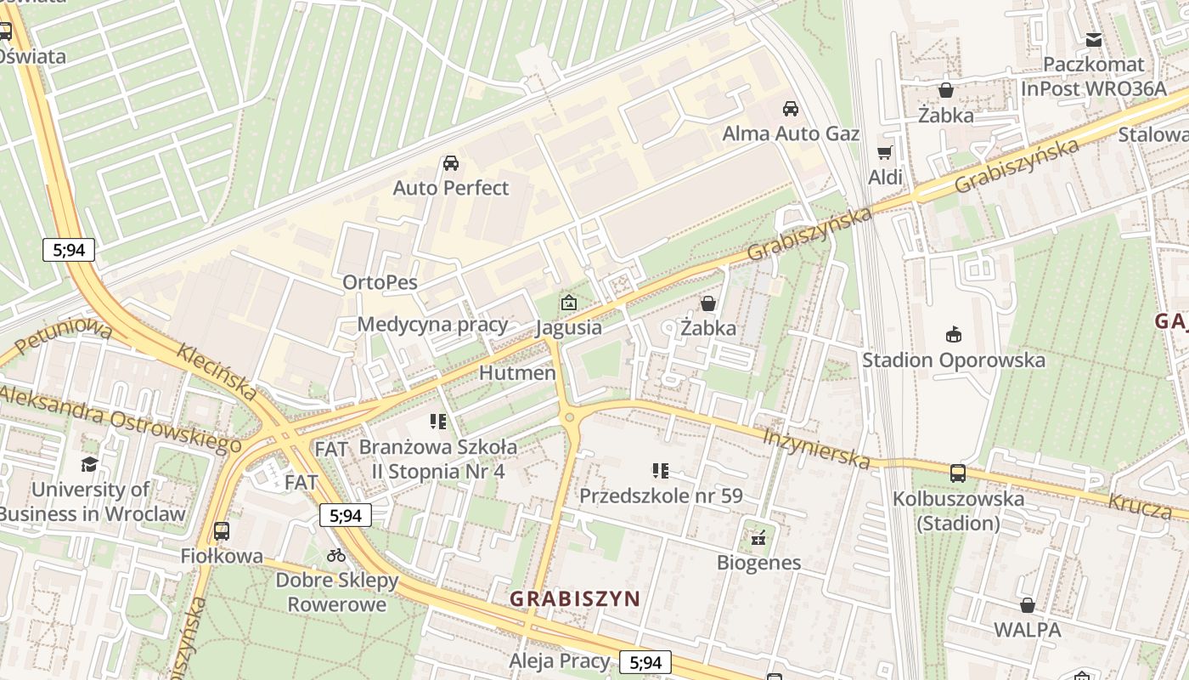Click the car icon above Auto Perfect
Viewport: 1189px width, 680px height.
click(x=451, y=163)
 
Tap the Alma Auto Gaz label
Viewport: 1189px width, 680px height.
click(x=790, y=133)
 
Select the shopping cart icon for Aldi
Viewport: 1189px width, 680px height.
click(x=885, y=153)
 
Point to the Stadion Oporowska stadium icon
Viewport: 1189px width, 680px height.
click(x=954, y=335)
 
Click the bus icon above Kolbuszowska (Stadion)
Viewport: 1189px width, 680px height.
click(x=958, y=473)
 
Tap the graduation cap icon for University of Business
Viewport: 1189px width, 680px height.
click(x=89, y=464)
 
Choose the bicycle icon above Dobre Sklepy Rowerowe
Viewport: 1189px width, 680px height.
click(x=336, y=555)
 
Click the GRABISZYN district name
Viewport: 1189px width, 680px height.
click(x=575, y=598)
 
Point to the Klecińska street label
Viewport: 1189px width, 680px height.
click(x=217, y=371)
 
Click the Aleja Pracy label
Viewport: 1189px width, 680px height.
click(x=560, y=660)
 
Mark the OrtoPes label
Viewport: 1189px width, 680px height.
click(x=380, y=282)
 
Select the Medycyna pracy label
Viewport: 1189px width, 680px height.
click(x=432, y=324)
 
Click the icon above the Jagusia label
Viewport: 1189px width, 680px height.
click(x=568, y=303)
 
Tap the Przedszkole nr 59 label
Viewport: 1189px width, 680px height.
click(x=661, y=496)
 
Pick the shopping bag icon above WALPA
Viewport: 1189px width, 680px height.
click(x=1028, y=605)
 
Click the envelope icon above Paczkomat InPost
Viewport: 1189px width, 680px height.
click(x=1094, y=40)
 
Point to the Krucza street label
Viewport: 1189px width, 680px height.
click(x=1140, y=506)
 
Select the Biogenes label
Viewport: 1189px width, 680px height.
click(x=758, y=562)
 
